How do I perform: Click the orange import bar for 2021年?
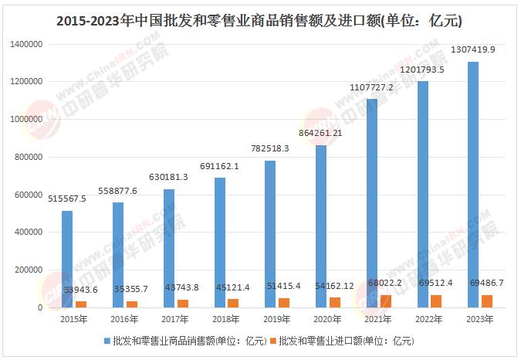386,301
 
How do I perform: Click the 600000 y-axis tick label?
28,195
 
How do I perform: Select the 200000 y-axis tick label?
28,270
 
